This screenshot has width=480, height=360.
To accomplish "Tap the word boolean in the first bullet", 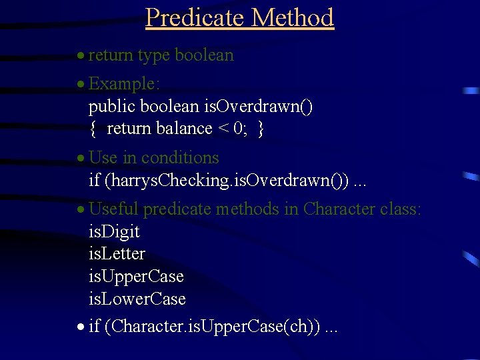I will click(x=203, y=55).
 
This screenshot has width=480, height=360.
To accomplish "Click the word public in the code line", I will click(x=110, y=106).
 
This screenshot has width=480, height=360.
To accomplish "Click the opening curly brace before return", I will click(x=93, y=128).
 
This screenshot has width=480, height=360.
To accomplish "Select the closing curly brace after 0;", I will click(x=261, y=128).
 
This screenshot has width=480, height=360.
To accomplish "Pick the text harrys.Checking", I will click(x=158, y=180).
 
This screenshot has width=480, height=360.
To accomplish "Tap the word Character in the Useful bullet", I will click(x=339, y=209).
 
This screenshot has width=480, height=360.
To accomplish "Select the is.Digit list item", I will click(x=114, y=232).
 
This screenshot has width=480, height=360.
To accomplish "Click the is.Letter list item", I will click(x=117, y=254).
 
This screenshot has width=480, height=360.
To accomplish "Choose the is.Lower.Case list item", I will click(x=137, y=299).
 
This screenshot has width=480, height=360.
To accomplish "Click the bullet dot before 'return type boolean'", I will click(x=80, y=56).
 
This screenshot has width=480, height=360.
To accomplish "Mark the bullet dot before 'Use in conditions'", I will click(x=80, y=159).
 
